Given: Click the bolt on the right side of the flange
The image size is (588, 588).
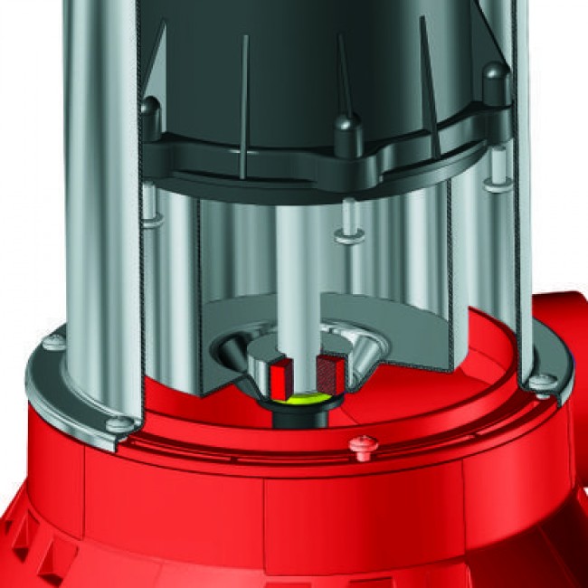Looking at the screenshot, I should click(x=541, y=382).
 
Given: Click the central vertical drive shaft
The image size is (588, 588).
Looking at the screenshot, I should click(x=298, y=271).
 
